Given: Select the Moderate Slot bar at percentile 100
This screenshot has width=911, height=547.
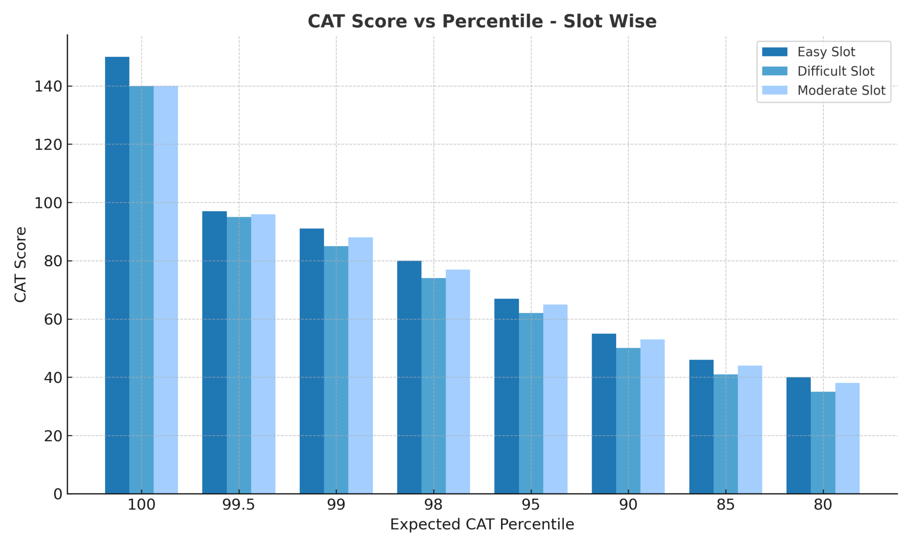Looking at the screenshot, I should point(165,289).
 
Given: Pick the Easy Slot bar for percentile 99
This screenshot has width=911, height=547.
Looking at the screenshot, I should point(312,361).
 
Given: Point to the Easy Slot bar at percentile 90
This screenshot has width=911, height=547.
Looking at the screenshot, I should point(604,413).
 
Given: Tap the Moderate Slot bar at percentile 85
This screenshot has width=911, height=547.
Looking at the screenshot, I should point(750,429).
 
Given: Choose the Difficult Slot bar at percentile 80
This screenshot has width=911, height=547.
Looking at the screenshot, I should point(823,442).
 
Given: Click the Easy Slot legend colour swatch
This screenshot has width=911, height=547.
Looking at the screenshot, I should point(774,52).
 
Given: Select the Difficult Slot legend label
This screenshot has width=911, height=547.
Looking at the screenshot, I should point(835,71).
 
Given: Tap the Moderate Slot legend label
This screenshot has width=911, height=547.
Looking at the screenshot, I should point(841,90).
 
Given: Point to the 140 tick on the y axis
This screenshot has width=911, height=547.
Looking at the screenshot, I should point(48,86).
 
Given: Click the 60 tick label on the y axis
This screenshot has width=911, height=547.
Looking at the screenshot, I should point(53,320).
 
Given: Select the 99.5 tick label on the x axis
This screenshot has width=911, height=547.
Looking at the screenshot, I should point(239,505).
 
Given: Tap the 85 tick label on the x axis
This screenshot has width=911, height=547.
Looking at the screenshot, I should point(726,505).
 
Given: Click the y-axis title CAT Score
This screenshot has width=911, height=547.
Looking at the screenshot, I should point(20,264).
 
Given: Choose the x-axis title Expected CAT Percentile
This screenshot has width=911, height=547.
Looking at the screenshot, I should point(482,524).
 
